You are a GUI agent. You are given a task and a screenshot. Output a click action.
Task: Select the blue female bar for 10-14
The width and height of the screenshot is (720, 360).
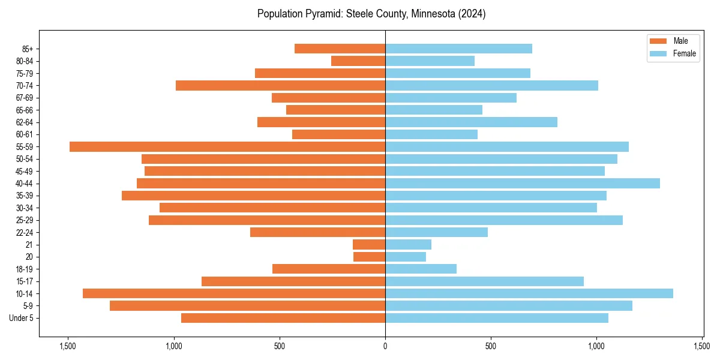pos(529,293)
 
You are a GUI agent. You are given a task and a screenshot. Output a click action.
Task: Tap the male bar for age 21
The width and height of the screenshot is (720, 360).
pos(369,244)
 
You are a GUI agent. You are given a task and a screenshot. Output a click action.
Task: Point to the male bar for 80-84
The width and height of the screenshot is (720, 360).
pos(358,61)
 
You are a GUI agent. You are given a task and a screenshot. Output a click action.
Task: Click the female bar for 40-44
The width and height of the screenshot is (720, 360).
pos(522,183)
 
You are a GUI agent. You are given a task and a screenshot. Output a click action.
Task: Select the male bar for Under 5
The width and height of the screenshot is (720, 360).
pos(283,318)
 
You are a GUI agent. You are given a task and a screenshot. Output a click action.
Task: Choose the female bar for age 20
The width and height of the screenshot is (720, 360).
pos(406,257)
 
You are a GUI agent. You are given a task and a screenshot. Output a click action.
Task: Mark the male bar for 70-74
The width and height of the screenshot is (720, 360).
pos(280,85)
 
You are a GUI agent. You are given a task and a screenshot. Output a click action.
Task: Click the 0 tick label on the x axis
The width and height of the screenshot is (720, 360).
pos(385,346)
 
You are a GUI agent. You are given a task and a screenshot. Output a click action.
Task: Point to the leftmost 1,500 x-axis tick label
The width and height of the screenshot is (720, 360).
pos(68,346)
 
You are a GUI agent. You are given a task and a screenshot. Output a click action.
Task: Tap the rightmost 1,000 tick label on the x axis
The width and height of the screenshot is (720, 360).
pos(596,346)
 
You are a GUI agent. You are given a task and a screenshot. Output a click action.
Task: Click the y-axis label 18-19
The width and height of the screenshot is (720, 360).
pos(25,269)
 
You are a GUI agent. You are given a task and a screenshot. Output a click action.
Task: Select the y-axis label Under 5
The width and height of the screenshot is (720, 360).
pos(22,318)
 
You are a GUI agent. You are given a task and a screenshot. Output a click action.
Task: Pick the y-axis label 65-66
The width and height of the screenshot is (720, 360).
pos(25,110)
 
